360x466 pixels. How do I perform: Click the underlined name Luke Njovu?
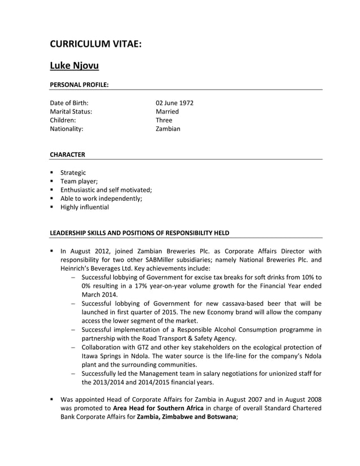click(74, 66)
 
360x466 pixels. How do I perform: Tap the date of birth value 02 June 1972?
click(174, 103)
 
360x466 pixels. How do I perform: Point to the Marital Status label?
click(71, 112)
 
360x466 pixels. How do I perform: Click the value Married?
click(167, 112)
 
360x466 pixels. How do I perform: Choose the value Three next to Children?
click(164, 120)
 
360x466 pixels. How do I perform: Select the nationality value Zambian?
click(168, 129)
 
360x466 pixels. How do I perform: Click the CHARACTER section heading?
click(68, 154)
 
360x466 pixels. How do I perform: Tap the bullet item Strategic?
click(73, 173)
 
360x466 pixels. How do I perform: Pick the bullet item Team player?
click(80, 181)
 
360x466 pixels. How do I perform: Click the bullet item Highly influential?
click(85, 207)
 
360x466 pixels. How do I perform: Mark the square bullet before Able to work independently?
click(52, 199)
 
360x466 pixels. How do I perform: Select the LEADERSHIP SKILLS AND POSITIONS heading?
click(139, 232)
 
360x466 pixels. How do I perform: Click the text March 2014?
click(99, 294)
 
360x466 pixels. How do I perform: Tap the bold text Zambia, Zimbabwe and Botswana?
click(187, 417)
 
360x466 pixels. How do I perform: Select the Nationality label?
click(67, 129)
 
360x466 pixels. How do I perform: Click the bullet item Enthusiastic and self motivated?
click(107, 190)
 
